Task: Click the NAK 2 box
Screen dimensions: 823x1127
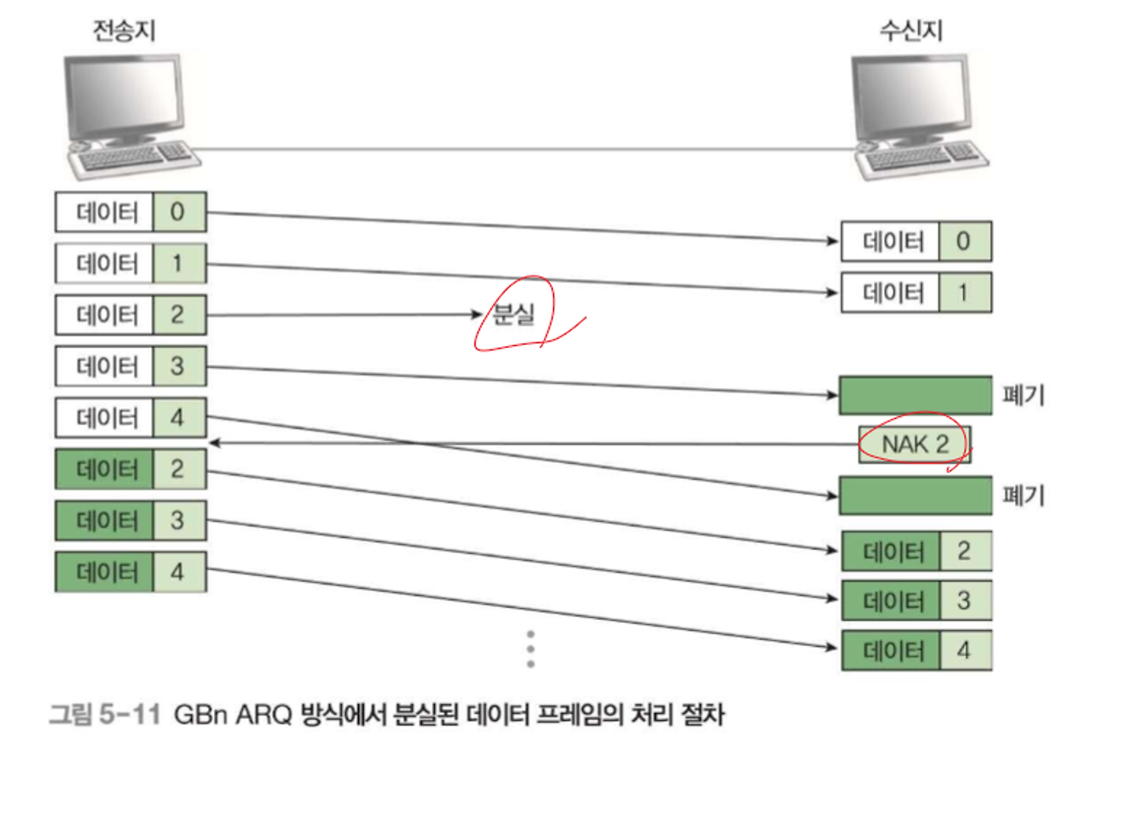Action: tap(915, 445)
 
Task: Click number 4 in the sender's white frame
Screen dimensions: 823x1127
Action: tap(178, 417)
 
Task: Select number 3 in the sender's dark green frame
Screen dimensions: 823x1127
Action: tap(178, 520)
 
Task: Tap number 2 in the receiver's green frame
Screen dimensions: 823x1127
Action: tap(963, 552)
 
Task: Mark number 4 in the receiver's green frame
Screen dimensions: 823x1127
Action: tap(963, 651)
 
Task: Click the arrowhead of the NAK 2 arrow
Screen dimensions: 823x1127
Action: tap(213, 445)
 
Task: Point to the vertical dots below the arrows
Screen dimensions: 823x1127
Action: tap(530, 649)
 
